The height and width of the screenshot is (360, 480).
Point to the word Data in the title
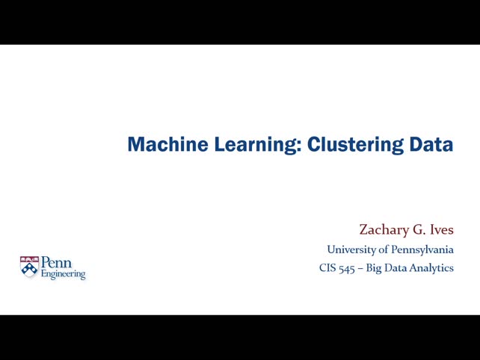pos(431,144)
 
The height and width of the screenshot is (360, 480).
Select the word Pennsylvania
pos(422,249)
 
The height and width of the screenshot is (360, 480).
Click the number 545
pos(346,268)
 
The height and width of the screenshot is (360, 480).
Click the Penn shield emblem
pos(29,267)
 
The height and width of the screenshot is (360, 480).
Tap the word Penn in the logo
pos(56,263)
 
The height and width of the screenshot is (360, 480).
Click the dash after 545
pos(360,268)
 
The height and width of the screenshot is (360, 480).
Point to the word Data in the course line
pos(396,268)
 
